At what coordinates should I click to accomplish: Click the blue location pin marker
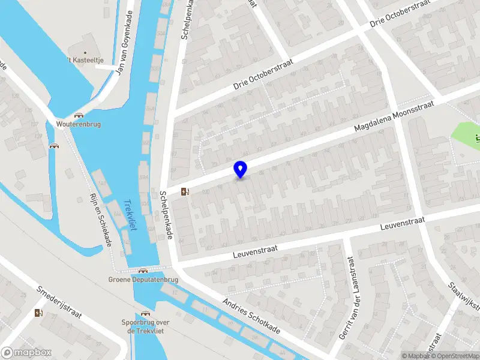241,169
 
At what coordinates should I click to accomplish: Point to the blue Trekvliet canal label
128,215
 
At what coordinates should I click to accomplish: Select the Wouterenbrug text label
78,124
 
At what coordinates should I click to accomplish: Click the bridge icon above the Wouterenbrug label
78,115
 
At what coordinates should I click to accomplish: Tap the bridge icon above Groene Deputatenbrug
143,271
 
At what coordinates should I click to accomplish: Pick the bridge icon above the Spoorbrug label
145,313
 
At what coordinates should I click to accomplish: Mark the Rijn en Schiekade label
100,219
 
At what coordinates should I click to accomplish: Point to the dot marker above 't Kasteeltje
85,53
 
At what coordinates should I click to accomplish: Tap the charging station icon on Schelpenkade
185,192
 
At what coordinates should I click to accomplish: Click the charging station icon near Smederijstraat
39,313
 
